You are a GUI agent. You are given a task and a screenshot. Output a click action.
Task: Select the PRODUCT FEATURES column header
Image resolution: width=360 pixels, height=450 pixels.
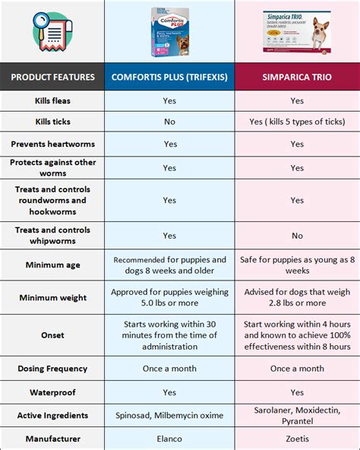[52, 77]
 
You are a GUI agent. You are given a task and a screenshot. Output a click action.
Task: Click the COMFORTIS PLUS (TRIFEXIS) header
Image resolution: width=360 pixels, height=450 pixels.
[170, 77]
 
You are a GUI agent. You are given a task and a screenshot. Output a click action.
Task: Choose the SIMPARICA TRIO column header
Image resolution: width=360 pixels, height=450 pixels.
[297, 77]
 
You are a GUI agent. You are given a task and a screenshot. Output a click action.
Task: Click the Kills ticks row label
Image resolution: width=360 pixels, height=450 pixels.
[52, 122]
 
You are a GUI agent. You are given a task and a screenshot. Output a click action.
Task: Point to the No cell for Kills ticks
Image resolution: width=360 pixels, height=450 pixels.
[170, 122]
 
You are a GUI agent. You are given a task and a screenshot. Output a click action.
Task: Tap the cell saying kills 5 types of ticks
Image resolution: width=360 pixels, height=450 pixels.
[297, 122]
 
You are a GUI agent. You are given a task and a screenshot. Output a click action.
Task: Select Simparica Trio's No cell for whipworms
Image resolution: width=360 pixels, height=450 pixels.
[297, 236]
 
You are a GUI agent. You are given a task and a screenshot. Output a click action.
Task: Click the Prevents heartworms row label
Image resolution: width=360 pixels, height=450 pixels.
[52, 144]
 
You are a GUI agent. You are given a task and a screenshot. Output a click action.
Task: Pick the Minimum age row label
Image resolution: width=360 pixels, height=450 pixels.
[52, 265]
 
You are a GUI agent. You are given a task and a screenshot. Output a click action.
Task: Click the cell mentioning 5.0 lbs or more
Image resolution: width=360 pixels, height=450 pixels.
[170, 298]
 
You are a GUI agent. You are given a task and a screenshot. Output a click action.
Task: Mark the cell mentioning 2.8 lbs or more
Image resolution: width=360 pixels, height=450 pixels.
[297, 298]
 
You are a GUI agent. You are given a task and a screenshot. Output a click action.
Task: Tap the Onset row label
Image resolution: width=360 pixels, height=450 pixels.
[52, 334]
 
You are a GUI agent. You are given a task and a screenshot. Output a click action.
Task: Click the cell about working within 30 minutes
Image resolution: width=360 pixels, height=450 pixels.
[170, 334]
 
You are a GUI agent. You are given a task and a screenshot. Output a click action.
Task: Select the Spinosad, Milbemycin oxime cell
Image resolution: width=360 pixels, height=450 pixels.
[170, 415]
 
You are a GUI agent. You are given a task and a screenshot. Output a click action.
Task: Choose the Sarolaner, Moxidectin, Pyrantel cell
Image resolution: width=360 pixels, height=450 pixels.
[297, 415]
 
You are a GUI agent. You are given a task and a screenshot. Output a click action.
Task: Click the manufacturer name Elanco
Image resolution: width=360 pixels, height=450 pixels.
[170, 439]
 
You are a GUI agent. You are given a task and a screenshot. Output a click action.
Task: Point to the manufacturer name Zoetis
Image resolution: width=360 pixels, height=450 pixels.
[297, 439]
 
